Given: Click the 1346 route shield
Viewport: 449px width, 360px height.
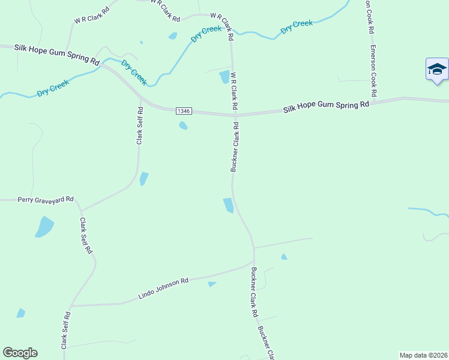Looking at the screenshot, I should [184, 111].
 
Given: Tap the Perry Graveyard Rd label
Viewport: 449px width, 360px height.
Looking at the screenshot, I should [46, 199].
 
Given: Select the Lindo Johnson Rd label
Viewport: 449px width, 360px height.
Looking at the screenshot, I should [163, 288].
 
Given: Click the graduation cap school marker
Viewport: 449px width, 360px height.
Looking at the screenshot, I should [437, 70].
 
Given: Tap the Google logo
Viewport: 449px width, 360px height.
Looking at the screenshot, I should [20, 353].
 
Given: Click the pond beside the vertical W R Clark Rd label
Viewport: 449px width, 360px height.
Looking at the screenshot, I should [224, 77].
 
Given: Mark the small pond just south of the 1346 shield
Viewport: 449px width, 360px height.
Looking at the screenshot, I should [183, 125].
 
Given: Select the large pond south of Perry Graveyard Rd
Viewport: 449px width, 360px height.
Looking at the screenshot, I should [44, 227].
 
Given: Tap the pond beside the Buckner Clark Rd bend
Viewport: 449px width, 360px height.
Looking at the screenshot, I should [228, 205].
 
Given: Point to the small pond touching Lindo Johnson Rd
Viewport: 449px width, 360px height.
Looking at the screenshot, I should [211, 284].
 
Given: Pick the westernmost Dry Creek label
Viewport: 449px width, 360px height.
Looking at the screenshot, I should [53, 88].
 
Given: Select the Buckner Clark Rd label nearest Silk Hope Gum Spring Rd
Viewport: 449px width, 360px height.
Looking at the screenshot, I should [235, 148].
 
